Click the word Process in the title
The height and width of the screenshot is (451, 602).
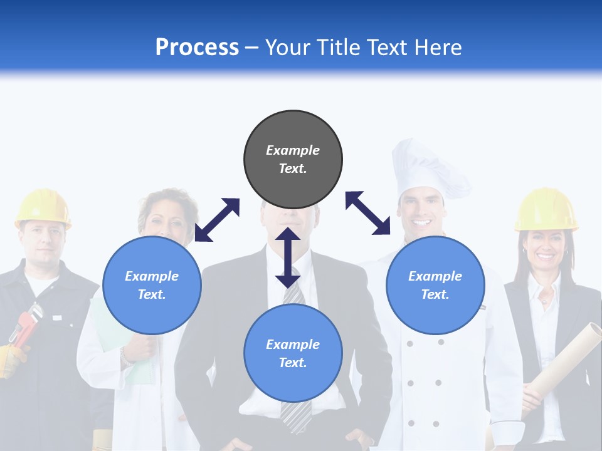tap(197, 48)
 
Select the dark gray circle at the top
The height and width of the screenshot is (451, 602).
tap(293, 160)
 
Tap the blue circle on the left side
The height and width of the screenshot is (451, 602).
tap(152, 286)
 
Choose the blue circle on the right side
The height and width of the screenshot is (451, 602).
tap(435, 286)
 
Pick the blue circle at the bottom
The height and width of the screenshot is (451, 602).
tap(293, 354)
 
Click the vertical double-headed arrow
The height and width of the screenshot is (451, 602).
tap(288, 257)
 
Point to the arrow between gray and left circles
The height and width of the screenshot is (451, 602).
tap(217, 220)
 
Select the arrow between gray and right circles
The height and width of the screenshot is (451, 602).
tap(367, 213)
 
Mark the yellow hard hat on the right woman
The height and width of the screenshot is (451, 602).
tap(546, 209)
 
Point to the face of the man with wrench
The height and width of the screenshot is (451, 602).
tap(43, 244)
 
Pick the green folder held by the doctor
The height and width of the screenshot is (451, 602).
tap(110, 332)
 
